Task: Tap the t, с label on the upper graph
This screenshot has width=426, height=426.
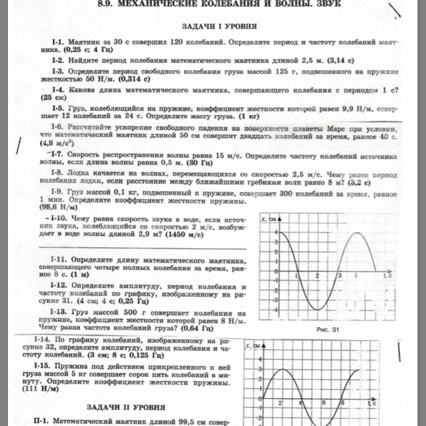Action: pyautogui.click(x=387, y=275)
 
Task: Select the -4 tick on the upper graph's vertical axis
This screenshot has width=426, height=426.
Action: pyautogui.click(x=276, y=310)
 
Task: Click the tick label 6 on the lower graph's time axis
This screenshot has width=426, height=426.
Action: pyautogui.click(x=323, y=403)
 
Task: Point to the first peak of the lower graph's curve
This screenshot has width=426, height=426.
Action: pyautogui.click(x=283, y=370)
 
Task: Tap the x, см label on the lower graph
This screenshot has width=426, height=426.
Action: pyautogui.click(x=250, y=345)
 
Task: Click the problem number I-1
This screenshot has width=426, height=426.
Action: pyautogui.click(x=59, y=43)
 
